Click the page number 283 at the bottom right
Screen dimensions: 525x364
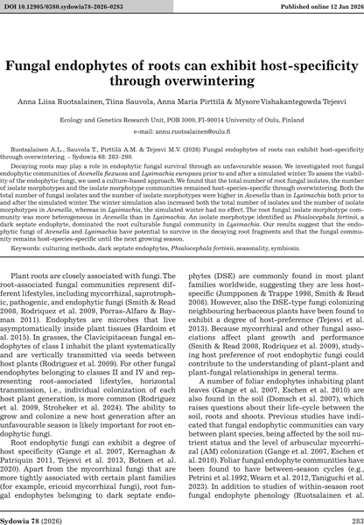(x=350, y=512)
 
